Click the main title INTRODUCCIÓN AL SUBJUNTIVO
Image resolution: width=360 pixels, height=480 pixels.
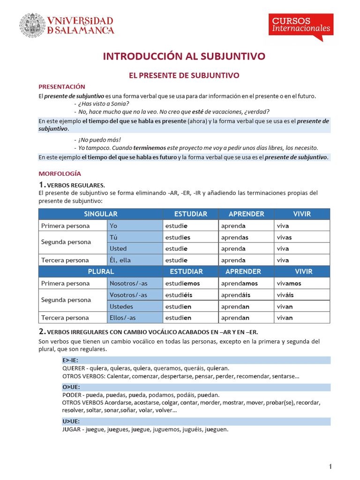click(184, 56)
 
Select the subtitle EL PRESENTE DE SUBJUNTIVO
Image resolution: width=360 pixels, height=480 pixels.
click(184, 75)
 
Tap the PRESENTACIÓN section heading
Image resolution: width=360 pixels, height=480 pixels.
click(61, 87)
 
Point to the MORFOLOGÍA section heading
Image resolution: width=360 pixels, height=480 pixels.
click(60, 173)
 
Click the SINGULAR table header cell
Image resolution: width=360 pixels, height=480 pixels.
click(100, 214)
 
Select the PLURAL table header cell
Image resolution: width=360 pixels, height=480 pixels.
click(100, 271)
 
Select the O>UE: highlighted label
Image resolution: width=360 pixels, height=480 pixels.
click(71, 387)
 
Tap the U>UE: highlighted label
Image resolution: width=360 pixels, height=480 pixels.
click(71, 421)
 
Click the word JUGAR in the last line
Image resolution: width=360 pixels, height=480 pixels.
click(72, 429)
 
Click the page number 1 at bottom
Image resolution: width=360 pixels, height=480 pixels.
click(330, 466)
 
